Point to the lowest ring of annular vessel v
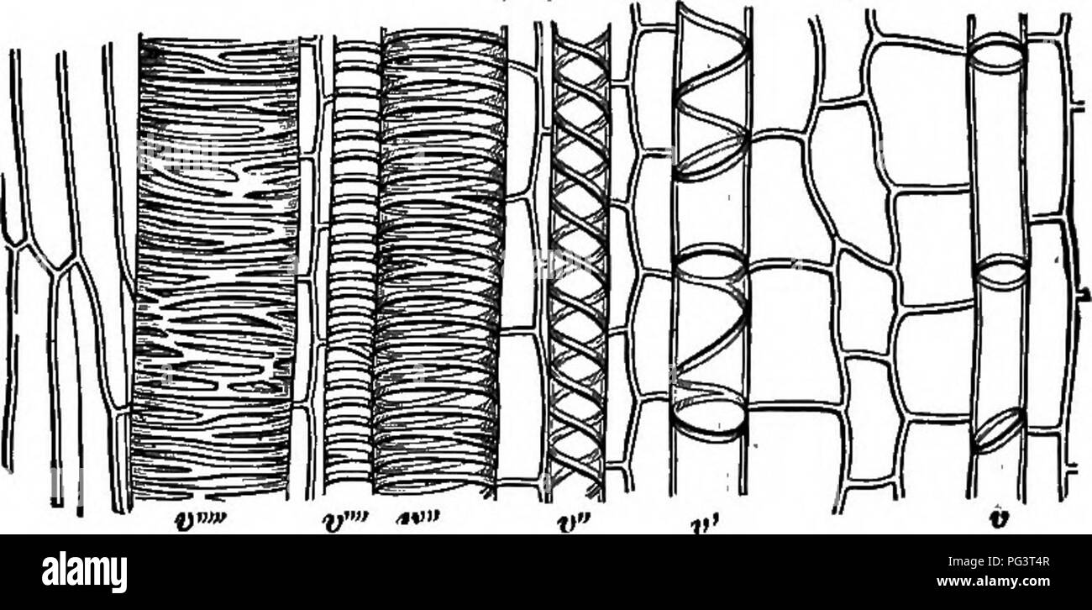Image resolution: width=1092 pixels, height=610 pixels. pos(1000,430)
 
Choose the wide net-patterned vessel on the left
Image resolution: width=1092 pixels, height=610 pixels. pos(216,269)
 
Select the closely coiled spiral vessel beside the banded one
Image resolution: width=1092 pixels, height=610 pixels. pos(440,269)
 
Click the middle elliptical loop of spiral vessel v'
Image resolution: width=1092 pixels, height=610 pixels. pos(711,265)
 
